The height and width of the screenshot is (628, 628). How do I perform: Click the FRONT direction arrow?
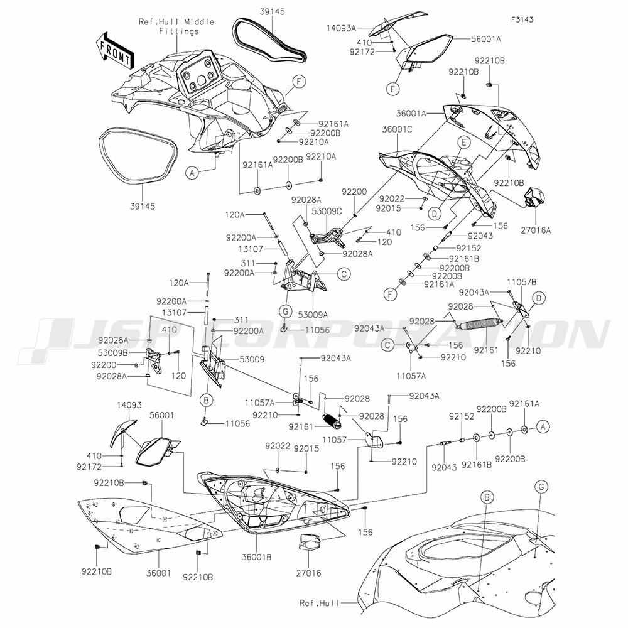click(x=114, y=49)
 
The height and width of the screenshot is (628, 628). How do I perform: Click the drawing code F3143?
click(x=522, y=19)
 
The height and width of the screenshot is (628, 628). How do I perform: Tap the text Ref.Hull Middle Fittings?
click(x=176, y=26)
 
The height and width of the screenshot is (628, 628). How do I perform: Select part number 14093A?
click(x=341, y=28)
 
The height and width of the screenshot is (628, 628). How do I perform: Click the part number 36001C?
click(x=398, y=129)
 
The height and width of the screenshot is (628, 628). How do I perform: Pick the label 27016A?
click(x=536, y=230)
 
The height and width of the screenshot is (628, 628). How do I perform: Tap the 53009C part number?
click(x=327, y=211)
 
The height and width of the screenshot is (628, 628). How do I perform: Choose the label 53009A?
click(x=313, y=315)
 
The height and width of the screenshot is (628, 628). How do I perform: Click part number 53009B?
click(x=113, y=353)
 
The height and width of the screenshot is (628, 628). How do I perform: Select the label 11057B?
click(x=522, y=282)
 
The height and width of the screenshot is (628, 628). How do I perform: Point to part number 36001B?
click(x=257, y=557)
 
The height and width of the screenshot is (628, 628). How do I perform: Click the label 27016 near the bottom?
click(x=308, y=573)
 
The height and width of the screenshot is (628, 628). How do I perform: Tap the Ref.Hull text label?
click(x=319, y=603)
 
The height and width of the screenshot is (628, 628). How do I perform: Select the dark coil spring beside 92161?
click(x=332, y=421)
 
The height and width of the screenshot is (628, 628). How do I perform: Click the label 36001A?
click(x=411, y=113)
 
